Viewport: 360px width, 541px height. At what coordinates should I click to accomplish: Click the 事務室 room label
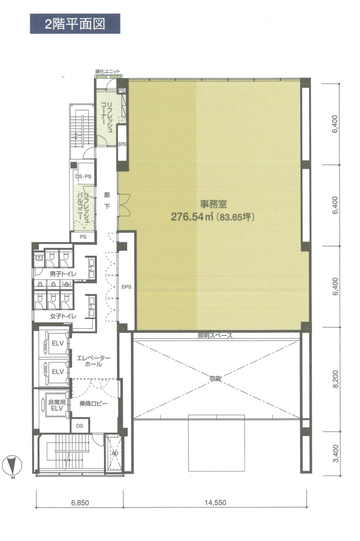click(211, 203)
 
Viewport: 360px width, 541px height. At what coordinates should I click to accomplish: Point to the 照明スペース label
click(215, 336)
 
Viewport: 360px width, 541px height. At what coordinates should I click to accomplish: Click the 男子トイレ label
click(54, 274)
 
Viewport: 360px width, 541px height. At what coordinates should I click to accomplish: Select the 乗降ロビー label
click(93, 403)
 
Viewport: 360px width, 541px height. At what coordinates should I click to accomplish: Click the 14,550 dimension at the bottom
click(215, 502)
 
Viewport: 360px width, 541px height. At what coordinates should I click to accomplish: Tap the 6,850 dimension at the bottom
click(80, 502)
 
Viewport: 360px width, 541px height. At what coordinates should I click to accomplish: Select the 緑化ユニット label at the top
click(108, 72)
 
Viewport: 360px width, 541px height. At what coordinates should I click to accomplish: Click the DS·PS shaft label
click(83, 177)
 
